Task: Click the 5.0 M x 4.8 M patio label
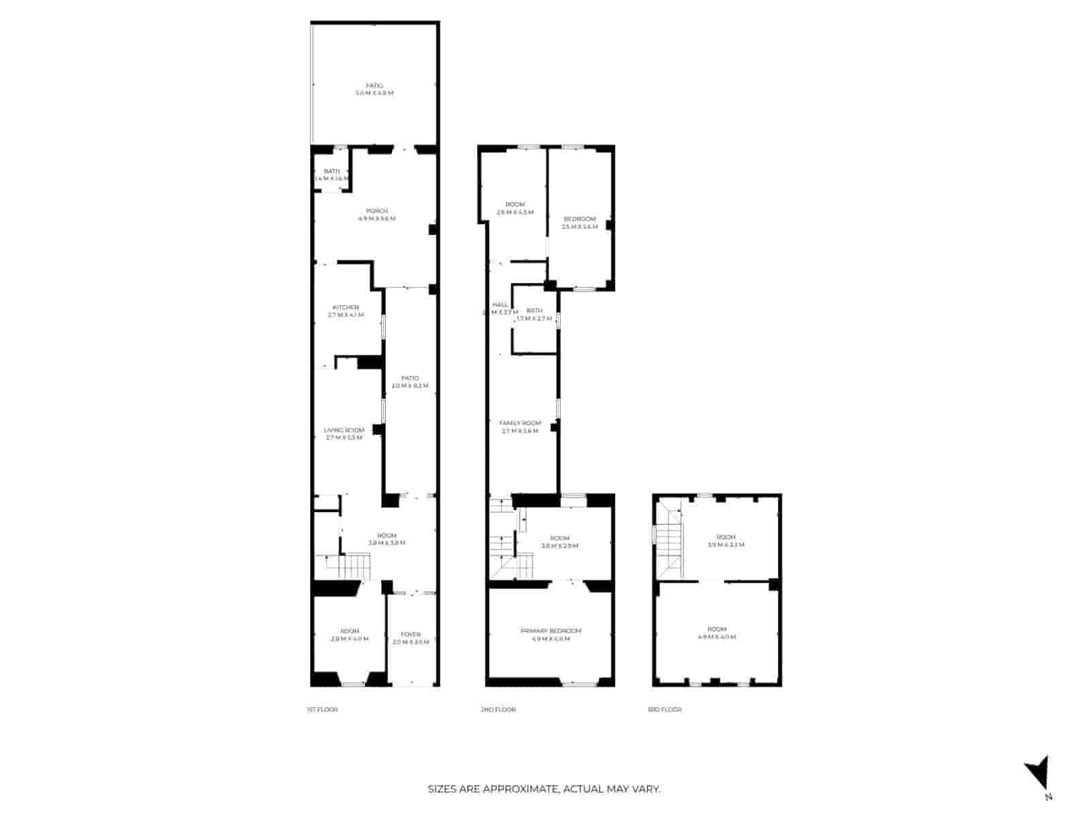click(x=374, y=89)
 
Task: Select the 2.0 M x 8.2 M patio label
click(x=410, y=382)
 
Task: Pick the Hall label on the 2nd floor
click(x=500, y=305)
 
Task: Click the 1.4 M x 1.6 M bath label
click(x=331, y=175)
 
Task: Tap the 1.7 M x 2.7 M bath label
click(x=534, y=315)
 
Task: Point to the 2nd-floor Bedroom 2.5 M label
click(x=579, y=223)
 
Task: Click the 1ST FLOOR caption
click(x=323, y=709)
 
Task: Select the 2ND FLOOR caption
click(x=498, y=709)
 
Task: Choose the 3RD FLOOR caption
click(x=665, y=709)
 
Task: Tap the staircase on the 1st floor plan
click(x=347, y=565)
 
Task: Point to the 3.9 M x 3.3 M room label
click(x=726, y=541)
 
